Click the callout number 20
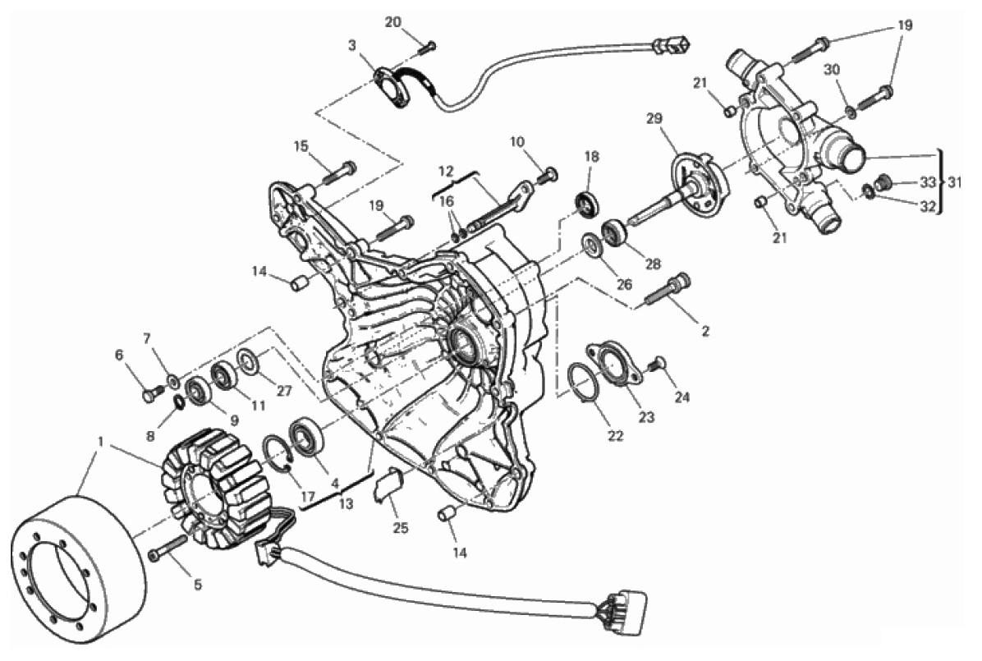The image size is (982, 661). [392, 22]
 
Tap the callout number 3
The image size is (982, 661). [352, 45]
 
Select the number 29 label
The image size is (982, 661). [654, 118]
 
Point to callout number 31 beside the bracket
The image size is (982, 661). [954, 182]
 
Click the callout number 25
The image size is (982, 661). [400, 527]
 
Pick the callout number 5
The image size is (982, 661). [197, 585]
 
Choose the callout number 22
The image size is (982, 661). [616, 436]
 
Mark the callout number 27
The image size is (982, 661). [284, 391]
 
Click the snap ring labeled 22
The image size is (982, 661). [583, 382]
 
